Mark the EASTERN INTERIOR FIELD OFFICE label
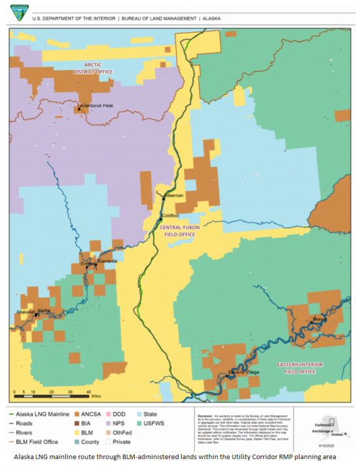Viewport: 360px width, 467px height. pos(315,367)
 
